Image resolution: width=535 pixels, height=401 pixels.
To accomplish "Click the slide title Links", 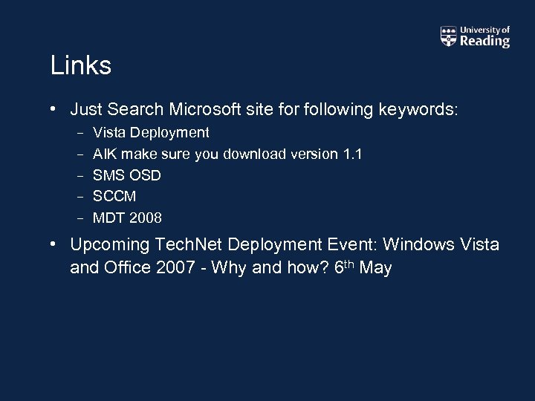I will pyautogui.click(x=81, y=66).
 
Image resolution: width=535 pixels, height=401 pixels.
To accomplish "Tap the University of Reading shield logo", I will pyautogui.click(x=449, y=36).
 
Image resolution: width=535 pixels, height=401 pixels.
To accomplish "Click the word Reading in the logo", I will pyautogui.click(x=484, y=42).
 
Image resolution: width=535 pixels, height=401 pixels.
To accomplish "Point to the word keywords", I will pyautogui.click(x=418, y=110).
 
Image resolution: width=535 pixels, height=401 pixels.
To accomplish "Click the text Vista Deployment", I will pyautogui.click(x=151, y=133).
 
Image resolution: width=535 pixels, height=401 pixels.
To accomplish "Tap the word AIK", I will pyautogui.click(x=104, y=154).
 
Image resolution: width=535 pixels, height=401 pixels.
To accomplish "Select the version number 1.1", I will pyautogui.click(x=352, y=154).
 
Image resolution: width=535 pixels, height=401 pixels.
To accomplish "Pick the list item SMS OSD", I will pyautogui.click(x=126, y=175).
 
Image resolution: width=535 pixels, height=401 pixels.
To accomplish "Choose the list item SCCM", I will pyautogui.click(x=114, y=197).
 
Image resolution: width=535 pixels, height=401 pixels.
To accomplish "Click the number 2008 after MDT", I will pyautogui.click(x=146, y=218).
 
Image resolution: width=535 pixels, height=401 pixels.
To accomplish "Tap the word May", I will pyautogui.click(x=374, y=267).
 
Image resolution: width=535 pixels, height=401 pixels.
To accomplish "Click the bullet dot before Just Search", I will pyautogui.click(x=55, y=110).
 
